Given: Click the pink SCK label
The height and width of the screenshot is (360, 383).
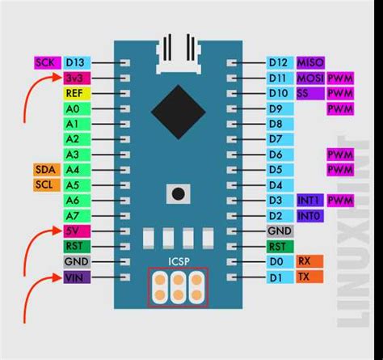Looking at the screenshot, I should click(46, 62).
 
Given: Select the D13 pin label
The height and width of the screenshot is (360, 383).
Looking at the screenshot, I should click(75, 62).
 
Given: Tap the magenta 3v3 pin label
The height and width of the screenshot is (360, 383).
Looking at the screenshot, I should click(75, 78).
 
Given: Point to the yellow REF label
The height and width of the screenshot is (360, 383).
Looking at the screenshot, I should click(75, 93).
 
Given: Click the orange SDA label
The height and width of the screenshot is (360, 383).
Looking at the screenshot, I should click(46, 169).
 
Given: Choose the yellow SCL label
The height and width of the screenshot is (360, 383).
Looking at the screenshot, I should click(46, 184).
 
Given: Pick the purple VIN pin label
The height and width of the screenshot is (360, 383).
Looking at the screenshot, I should click(75, 277).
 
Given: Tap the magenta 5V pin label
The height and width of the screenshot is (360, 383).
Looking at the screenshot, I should click(75, 231).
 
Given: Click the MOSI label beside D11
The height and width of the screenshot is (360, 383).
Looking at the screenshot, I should click(309, 78).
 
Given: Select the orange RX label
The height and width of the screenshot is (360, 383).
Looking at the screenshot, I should click(305, 261).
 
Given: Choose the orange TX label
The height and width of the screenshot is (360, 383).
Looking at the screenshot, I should click(305, 277).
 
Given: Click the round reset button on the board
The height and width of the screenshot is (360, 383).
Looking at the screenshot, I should click(176, 193).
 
